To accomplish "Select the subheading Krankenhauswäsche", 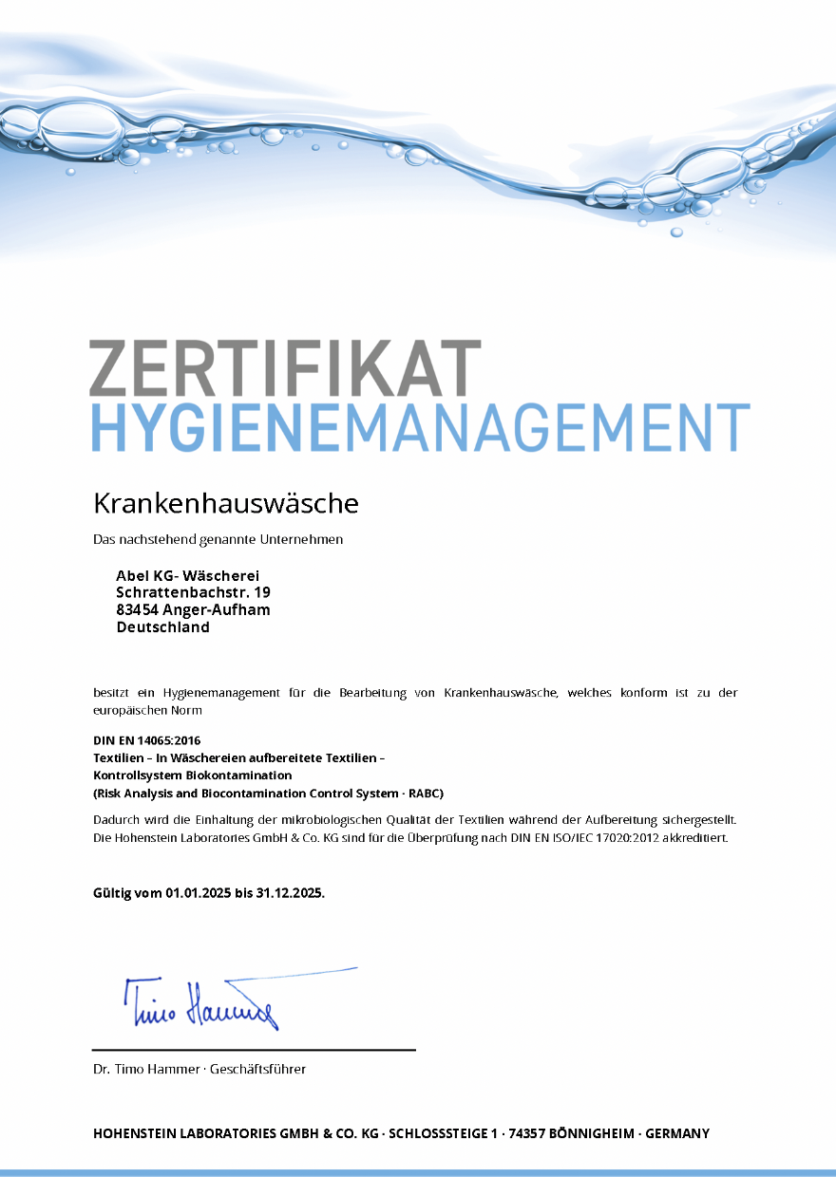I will [x=225, y=503].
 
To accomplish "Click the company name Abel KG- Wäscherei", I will [x=187, y=575].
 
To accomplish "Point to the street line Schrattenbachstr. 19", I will [x=193, y=592].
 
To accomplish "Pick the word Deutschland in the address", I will [x=162, y=626].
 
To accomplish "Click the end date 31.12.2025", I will [x=289, y=893].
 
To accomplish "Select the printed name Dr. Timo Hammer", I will [x=145, y=1069].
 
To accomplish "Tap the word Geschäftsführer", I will [x=257, y=1069].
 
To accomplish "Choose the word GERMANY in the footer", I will [x=676, y=1133].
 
